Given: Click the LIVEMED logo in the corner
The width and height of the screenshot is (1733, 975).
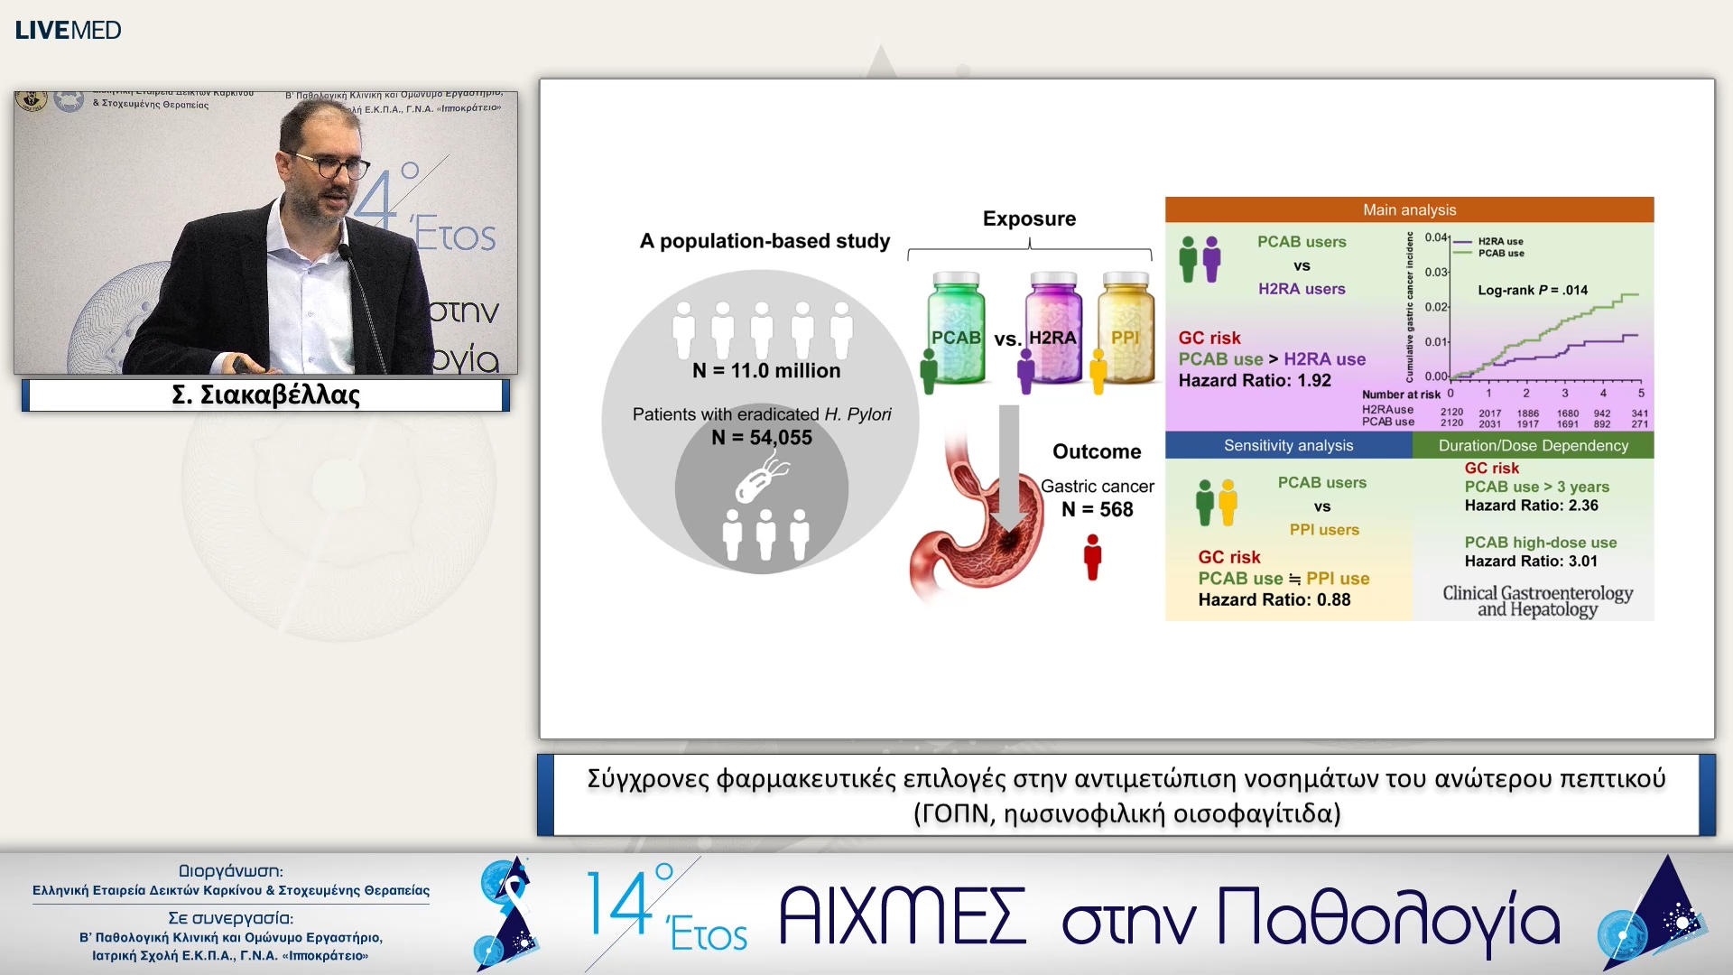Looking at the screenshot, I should tap(68, 30).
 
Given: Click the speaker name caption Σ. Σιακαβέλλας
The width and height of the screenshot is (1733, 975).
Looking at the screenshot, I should tap(265, 395).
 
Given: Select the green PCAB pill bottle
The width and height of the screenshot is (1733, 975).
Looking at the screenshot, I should tap(956, 330).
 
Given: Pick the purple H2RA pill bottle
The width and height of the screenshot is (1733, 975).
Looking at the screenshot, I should tap(1053, 330).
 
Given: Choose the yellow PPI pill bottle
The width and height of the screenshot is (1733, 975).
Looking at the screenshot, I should tap(1126, 330).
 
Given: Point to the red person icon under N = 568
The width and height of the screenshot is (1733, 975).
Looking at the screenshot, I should tap(1092, 557).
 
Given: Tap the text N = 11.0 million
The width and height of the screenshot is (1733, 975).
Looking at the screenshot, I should tap(765, 371).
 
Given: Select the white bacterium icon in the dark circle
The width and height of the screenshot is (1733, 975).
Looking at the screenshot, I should tap(761, 478).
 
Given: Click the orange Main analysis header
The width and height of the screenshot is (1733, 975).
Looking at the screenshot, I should tap(1409, 209).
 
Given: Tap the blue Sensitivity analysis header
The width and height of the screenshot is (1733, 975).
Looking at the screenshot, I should tap(1288, 445).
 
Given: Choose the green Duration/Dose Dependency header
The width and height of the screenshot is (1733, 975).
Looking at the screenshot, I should tap(1533, 445).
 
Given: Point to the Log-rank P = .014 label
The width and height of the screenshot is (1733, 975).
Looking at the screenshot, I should tap(1532, 290).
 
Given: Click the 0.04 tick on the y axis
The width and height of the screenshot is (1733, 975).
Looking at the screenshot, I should tap(1435, 237).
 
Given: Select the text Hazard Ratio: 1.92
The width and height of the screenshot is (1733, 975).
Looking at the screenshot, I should tap(1254, 380).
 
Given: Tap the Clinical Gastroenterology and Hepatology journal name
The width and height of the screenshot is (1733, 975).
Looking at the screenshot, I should tap(1537, 600).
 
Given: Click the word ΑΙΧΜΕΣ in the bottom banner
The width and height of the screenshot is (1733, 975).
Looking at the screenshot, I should tap(902, 916).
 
